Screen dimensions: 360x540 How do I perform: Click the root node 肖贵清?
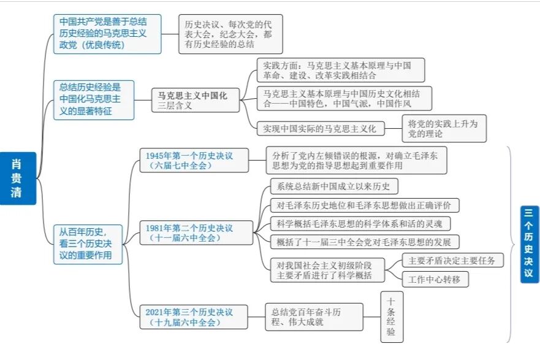(17, 178)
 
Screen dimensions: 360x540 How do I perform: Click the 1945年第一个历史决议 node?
(194, 160)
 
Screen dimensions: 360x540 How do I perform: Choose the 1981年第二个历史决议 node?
(194, 233)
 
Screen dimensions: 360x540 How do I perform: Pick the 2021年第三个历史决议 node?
(194, 316)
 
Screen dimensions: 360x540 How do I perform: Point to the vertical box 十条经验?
(392, 316)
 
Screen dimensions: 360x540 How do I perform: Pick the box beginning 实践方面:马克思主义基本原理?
(340, 71)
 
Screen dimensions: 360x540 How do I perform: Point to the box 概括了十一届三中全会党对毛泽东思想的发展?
(364, 242)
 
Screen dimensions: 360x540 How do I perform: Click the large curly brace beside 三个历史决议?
(511, 243)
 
